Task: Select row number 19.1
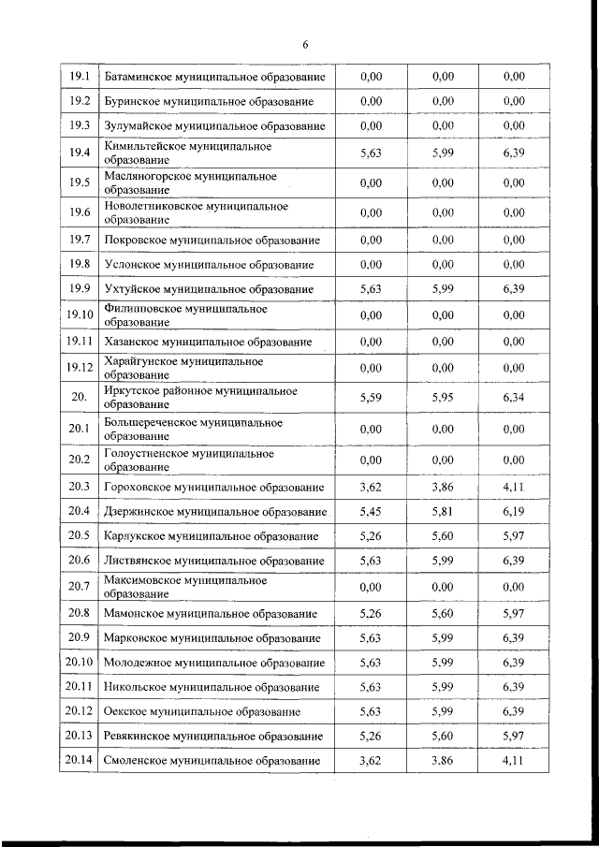[x=80, y=76]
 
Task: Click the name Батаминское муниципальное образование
[x=214, y=76]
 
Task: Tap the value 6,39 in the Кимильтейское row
[x=514, y=153]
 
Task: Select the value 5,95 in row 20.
[x=444, y=398]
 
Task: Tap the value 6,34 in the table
[x=514, y=398]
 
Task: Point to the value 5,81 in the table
[x=444, y=512]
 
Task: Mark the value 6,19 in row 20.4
[x=514, y=512]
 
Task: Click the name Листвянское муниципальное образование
[x=214, y=561]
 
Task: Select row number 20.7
[x=80, y=587]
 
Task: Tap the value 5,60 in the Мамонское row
[x=444, y=614]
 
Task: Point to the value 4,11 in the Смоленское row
[x=514, y=761]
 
